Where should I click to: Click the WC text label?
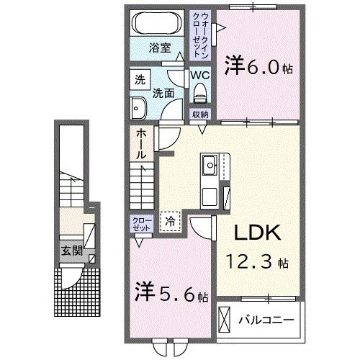(x=199, y=74)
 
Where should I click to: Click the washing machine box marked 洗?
(x=138, y=80)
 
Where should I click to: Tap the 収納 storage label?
(x=200, y=114)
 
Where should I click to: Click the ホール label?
(x=141, y=144)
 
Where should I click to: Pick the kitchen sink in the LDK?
(x=210, y=166)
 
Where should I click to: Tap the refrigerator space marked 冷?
(x=171, y=220)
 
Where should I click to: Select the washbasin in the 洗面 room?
(x=137, y=107)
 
